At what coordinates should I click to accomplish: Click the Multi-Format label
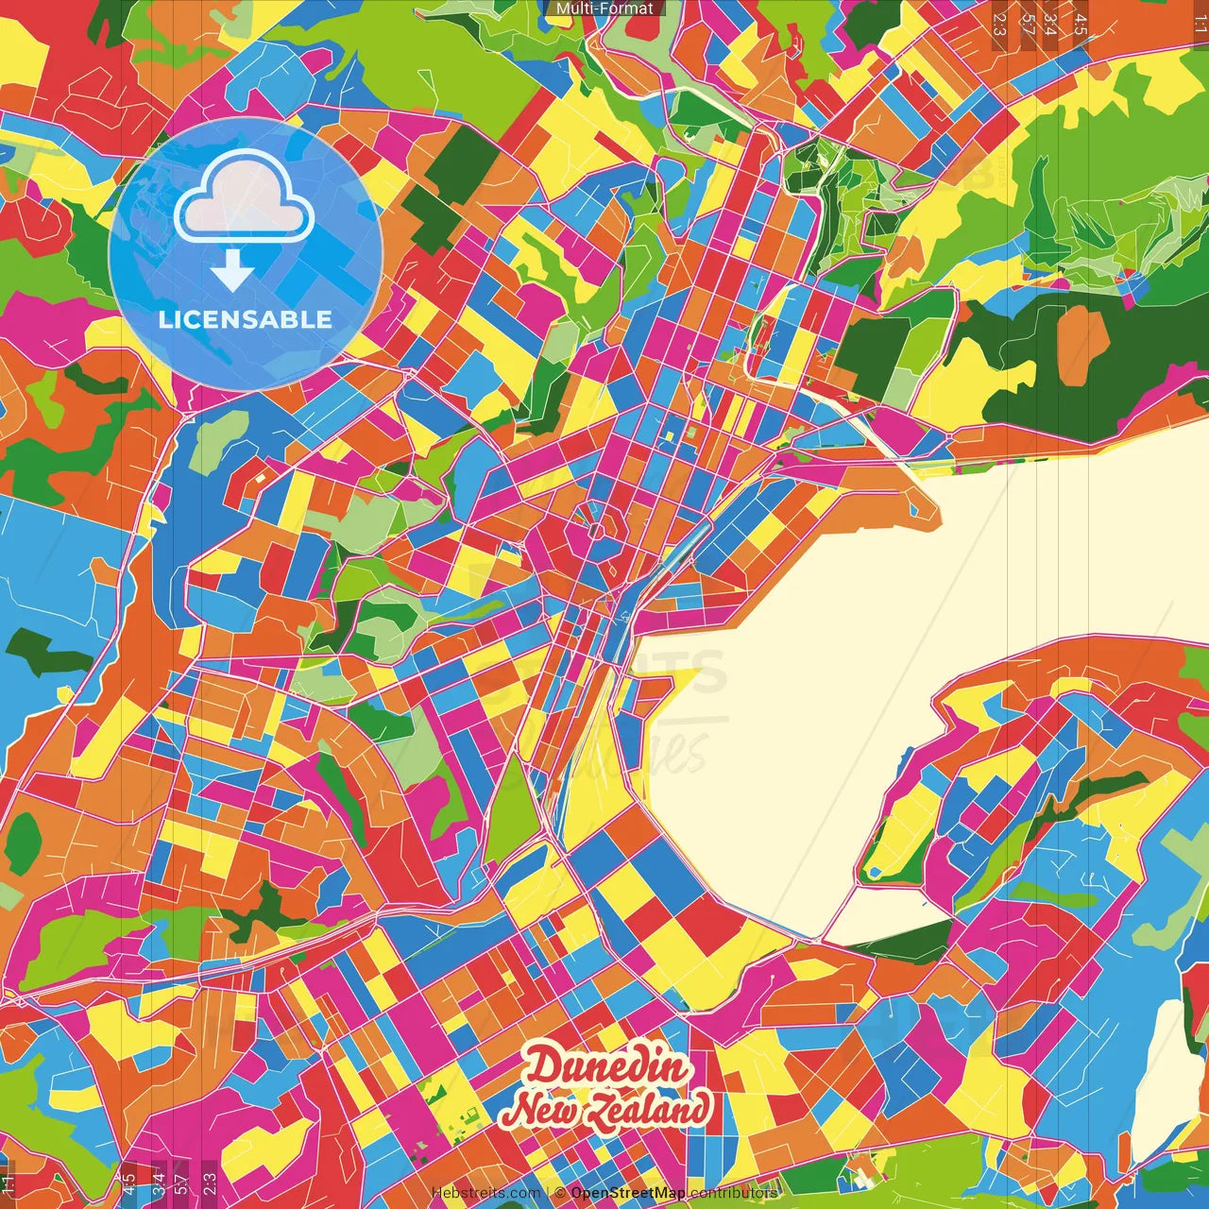coord(604,9)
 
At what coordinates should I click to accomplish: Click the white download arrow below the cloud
coord(231,272)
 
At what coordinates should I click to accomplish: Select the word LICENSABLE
coord(246,319)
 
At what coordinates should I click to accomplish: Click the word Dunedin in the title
coord(607,1068)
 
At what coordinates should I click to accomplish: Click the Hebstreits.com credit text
coord(485,1193)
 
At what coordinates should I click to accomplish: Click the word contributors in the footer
coord(734,1193)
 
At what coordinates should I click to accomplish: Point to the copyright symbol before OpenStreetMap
coord(561,1193)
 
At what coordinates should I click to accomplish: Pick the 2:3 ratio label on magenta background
coord(210,1183)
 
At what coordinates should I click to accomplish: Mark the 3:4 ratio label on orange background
coord(1050,24)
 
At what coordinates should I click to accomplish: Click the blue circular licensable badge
coord(246,253)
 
